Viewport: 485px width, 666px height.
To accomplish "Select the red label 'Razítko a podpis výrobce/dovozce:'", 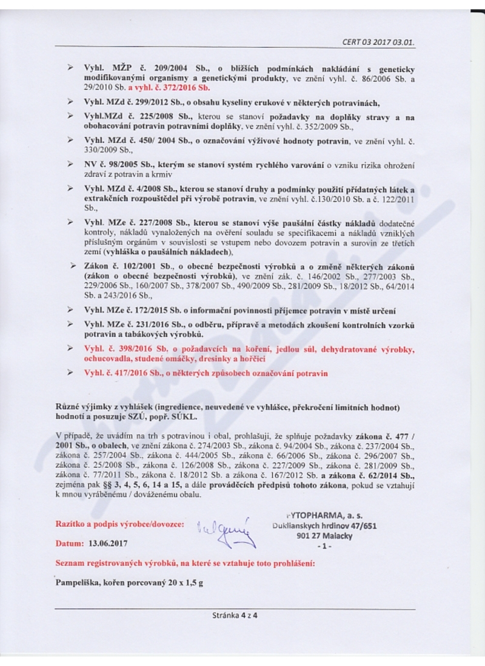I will click(x=120, y=524).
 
